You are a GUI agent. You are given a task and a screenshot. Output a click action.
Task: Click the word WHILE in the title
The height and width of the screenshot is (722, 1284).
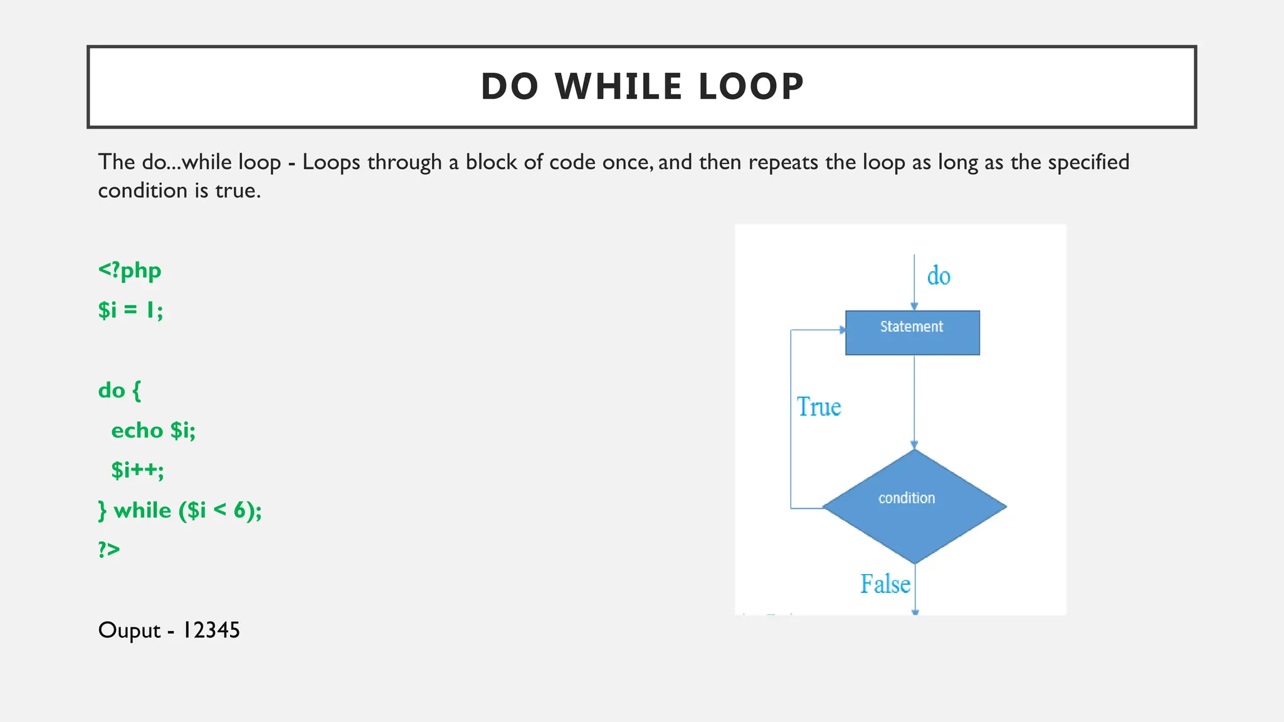click(618, 86)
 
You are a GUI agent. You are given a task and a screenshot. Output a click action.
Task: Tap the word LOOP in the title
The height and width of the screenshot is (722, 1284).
click(750, 86)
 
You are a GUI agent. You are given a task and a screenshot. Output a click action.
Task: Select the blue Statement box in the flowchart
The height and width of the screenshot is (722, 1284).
click(912, 333)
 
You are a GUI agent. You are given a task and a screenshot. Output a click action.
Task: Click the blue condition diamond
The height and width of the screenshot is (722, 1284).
click(914, 506)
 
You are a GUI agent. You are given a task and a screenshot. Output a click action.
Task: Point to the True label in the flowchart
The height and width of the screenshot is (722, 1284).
click(819, 407)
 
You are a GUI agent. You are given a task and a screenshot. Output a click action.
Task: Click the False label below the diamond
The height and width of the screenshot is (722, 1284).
click(885, 584)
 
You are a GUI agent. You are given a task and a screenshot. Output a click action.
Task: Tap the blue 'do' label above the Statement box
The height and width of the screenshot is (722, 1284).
click(939, 276)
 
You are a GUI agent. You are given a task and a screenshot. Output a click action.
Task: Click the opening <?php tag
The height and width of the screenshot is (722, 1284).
click(130, 271)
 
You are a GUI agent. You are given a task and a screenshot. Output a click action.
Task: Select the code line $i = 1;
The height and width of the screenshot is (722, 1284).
click(130, 310)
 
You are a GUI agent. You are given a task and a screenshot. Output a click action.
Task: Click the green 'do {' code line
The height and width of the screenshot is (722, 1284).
click(120, 390)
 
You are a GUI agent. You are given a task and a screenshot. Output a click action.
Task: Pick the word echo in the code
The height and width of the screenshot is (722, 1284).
click(137, 431)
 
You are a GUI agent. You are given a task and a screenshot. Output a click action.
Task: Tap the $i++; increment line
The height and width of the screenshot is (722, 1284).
click(137, 470)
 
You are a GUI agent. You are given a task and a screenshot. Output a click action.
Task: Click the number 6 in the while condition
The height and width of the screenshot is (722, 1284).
click(239, 510)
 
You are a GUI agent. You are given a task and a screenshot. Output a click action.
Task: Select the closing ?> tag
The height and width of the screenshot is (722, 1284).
click(108, 550)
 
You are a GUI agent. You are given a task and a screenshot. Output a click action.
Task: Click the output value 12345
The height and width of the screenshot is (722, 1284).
click(211, 630)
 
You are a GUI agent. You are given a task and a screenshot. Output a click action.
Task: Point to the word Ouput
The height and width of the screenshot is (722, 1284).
click(129, 630)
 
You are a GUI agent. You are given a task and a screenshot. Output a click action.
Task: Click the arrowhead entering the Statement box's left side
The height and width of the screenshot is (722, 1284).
click(842, 330)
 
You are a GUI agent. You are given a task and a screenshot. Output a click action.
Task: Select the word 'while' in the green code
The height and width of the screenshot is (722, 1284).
click(142, 510)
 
